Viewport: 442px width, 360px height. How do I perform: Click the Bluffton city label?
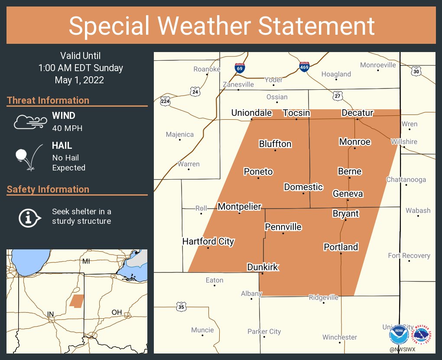pos(275,144)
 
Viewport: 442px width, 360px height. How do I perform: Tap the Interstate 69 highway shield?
pos(239,68)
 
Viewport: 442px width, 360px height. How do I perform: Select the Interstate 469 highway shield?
pos(304,67)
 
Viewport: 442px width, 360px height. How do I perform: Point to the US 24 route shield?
pos(195,92)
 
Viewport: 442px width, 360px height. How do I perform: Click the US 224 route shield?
pos(165,101)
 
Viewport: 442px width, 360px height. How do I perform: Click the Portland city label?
pos(341,247)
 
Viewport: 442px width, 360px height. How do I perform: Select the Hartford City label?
pos(208,242)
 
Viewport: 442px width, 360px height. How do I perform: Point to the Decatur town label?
pos(357,113)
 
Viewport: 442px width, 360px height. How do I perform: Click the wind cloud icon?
pos(29,122)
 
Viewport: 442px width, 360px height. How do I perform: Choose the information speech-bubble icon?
pos(29,217)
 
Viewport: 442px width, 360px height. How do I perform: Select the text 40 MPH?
pos(67,128)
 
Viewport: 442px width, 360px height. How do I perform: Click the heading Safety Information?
pos(48,190)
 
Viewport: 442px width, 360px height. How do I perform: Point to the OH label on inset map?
pos(117,312)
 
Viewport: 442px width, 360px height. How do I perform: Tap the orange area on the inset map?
pos(77,301)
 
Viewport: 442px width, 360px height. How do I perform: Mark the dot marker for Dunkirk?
pos(262,274)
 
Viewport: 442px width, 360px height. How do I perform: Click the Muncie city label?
pos(202,330)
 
